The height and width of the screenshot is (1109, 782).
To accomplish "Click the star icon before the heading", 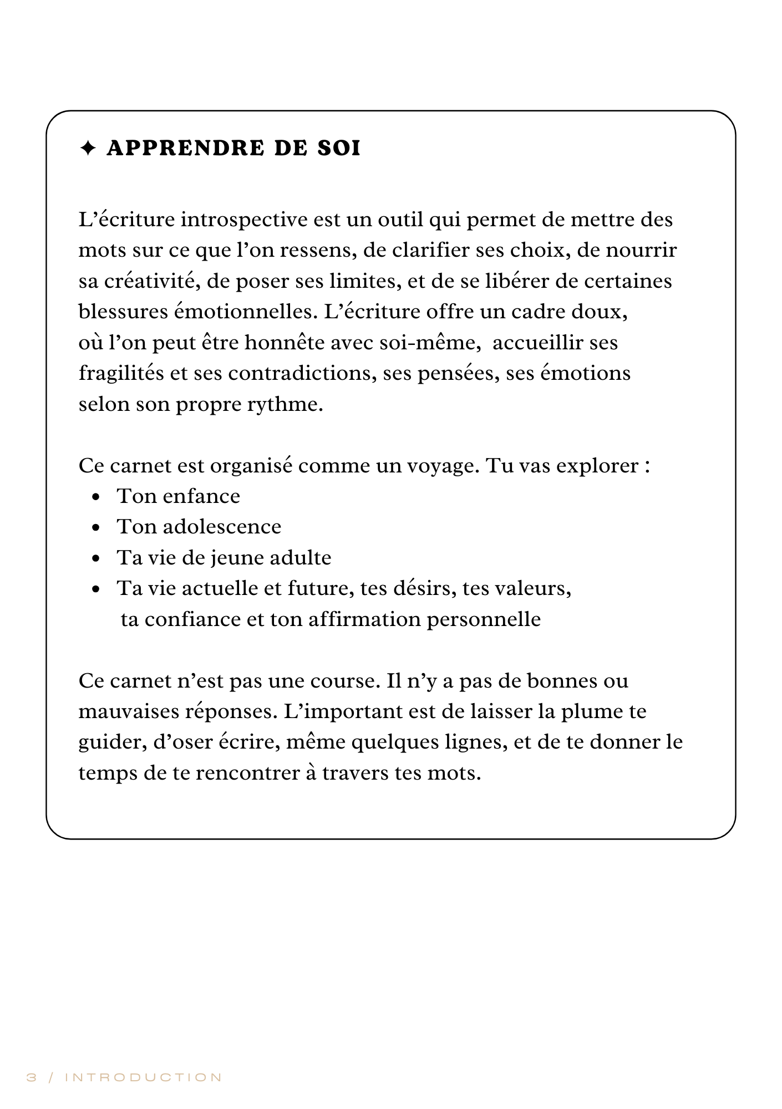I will coord(88,149).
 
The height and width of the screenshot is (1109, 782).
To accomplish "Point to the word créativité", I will coord(151,281).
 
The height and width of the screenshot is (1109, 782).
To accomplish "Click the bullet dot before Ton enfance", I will coord(97,497).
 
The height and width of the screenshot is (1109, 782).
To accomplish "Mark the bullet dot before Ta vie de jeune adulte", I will coord(97,559).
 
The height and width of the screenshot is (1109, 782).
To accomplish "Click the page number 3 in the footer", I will coord(32,1077).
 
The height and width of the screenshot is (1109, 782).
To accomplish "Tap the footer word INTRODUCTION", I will coord(144,1077).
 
